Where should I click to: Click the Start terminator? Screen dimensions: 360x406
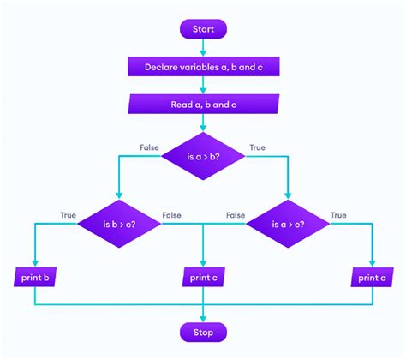(203, 29)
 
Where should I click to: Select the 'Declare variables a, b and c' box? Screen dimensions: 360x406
(203, 66)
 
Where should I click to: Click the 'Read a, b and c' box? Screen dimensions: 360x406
(203, 104)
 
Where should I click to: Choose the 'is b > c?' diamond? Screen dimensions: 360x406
(119, 225)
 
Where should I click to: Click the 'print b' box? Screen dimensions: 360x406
(35, 278)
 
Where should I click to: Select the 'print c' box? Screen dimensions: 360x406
(203, 278)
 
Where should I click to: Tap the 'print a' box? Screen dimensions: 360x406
(372, 278)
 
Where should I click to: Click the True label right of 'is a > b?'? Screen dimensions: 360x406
(257, 147)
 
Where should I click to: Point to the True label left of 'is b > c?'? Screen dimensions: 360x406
(68, 215)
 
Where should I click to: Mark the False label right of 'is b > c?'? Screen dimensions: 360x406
(171, 215)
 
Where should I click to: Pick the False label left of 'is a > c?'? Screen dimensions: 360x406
(236, 215)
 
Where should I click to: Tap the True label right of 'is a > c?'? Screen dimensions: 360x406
(339, 215)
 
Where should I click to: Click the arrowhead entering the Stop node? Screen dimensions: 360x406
(203, 316)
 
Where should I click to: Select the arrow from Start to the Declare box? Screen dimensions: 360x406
(203, 47)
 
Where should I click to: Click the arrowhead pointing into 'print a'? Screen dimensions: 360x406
(372, 263)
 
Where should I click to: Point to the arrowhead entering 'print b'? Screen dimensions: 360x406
(35, 263)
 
